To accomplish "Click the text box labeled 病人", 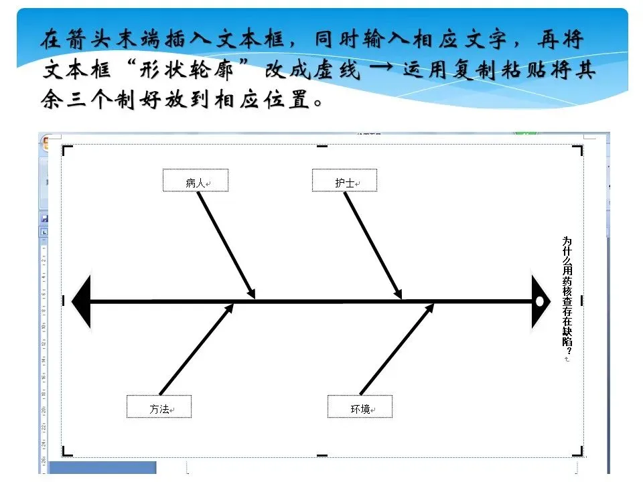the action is (196, 181).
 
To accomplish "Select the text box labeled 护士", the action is (344, 181).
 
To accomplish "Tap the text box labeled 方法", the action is (159, 407).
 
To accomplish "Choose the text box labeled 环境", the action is (360, 407).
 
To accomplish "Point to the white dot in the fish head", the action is (540, 301).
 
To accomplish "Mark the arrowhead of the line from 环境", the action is (430, 307).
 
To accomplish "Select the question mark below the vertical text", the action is (568, 349).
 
